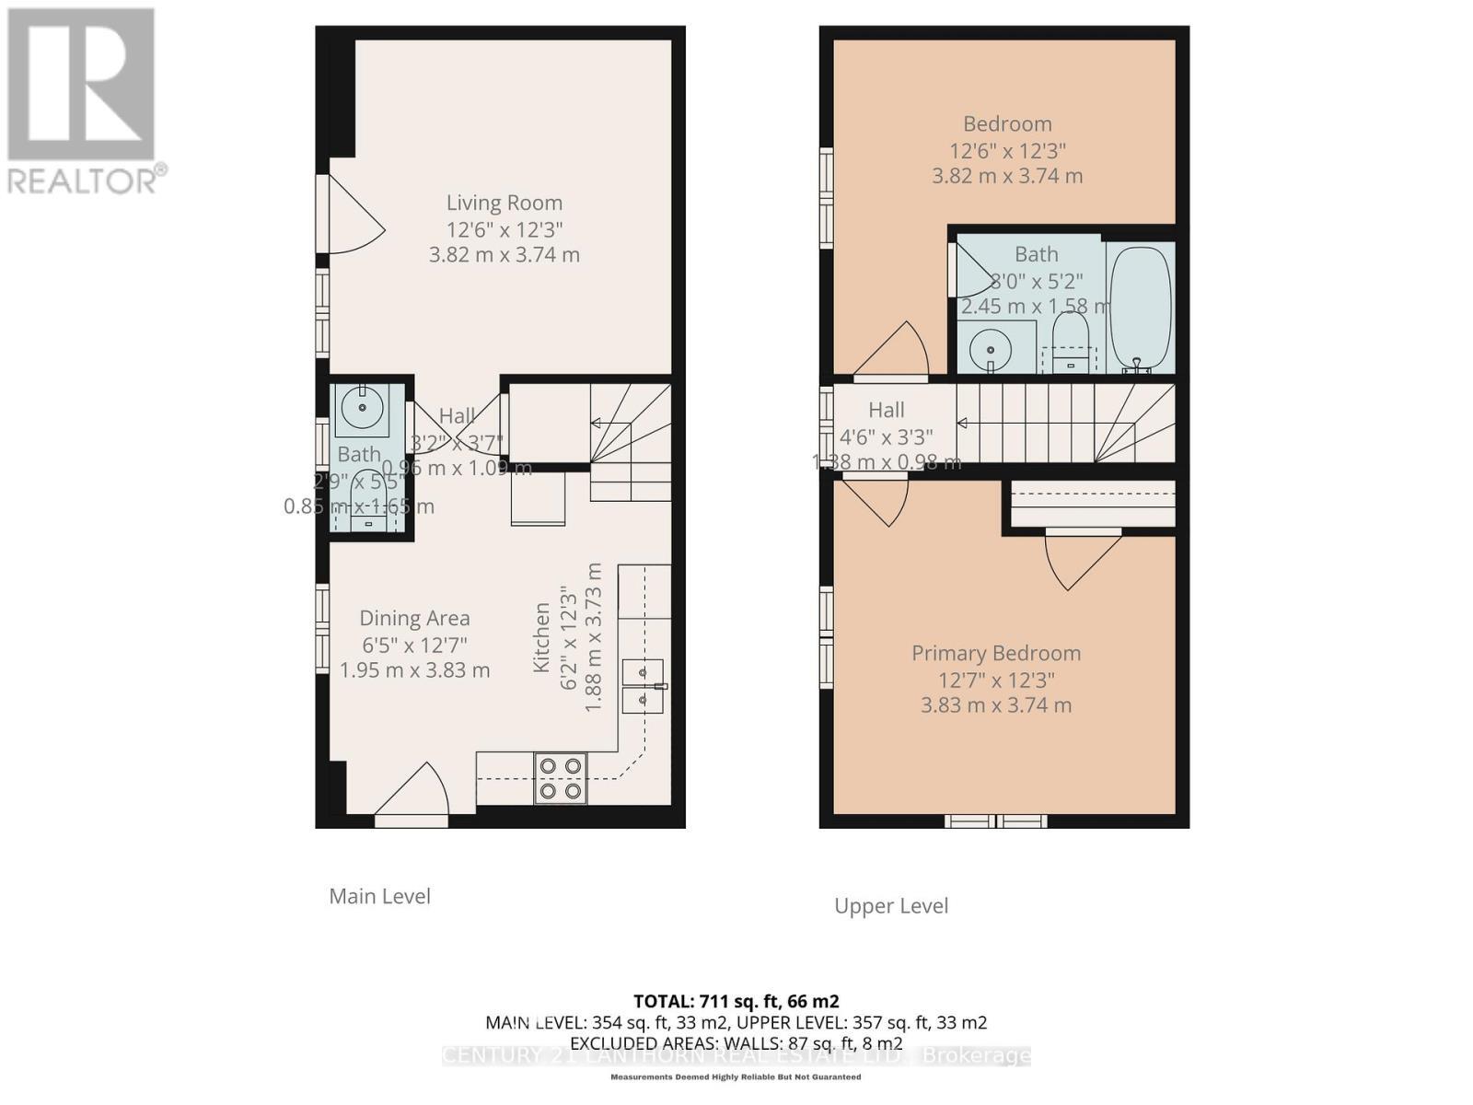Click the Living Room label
(505, 203)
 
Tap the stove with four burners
(561, 778)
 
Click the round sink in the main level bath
(362, 406)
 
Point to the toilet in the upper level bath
(1070, 343)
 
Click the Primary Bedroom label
(996, 654)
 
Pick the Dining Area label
(414, 619)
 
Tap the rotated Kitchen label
(542, 637)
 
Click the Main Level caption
(379, 896)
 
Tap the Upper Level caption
(890, 906)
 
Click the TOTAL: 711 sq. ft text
(736, 1001)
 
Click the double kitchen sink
(642, 686)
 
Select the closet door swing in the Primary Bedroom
(1080, 558)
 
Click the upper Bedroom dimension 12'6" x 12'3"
(1007, 150)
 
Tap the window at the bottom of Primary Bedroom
(997, 820)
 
